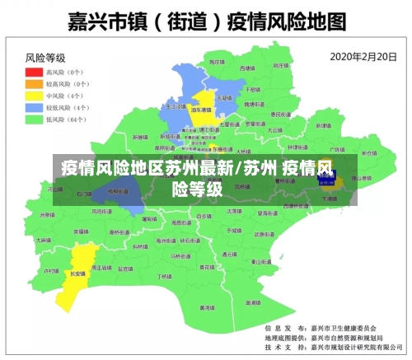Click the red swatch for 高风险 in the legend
click(x=34, y=72)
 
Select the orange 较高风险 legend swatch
click(x=34, y=83)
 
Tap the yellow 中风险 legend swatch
click(x=34, y=96)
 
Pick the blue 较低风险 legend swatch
click(x=34, y=107)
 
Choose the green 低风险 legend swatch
click(x=34, y=119)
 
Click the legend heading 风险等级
click(x=45, y=58)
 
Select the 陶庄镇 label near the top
click(x=215, y=62)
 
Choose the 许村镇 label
click(x=51, y=270)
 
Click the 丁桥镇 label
click(x=165, y=277)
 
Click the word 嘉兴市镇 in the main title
click(x=98, y=21)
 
